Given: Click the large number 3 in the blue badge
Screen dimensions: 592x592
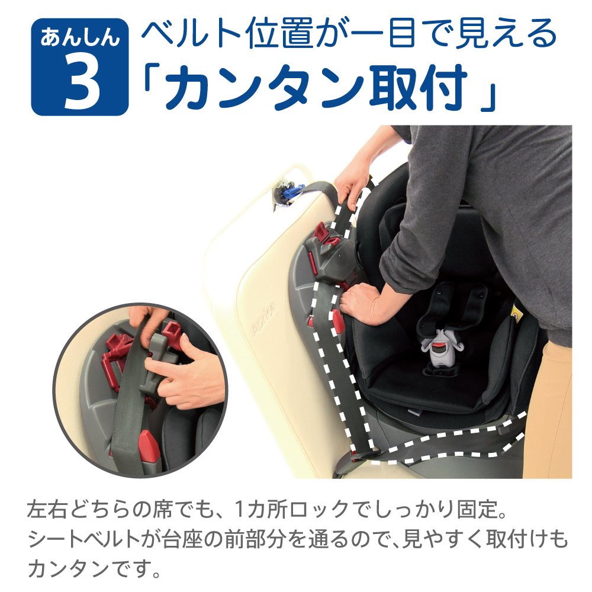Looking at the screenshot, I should click(80, 82).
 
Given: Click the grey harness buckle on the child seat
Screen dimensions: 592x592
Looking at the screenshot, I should click(440, 349).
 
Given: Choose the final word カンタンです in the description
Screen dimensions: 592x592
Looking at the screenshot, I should click(95, 570).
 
